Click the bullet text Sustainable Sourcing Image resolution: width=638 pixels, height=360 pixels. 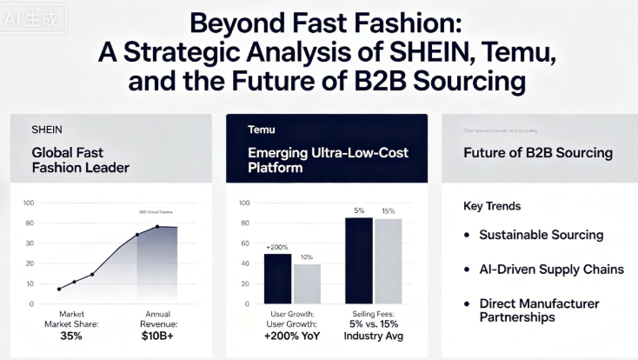542,235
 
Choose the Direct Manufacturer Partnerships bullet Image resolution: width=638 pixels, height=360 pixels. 539,310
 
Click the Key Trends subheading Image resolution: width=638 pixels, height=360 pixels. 492,207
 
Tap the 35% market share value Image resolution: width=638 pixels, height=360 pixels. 71,335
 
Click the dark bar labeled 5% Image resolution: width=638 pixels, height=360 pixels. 358,260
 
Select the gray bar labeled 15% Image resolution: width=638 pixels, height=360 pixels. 388,261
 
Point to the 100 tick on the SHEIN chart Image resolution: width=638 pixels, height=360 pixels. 28,203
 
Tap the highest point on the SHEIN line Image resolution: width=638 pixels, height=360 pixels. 157,226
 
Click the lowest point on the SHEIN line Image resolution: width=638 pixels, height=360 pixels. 59,289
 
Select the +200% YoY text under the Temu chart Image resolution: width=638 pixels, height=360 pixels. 292,335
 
